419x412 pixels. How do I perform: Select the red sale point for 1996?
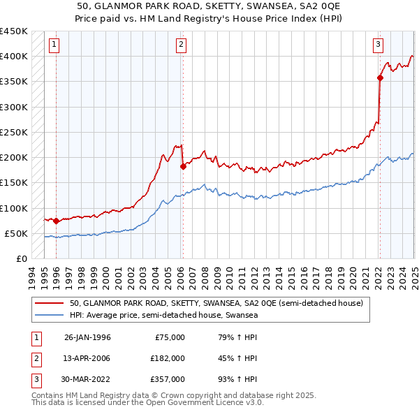56,221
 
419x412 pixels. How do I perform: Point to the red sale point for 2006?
183,166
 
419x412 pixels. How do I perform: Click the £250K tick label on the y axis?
13,132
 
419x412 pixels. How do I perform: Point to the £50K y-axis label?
16,233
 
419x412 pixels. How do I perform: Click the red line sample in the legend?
50,304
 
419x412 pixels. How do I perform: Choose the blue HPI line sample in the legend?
50,316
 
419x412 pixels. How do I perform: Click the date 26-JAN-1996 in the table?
87,337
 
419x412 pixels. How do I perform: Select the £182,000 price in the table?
168,358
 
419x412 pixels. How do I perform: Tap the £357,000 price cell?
168,379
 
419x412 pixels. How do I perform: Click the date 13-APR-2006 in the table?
87,358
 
